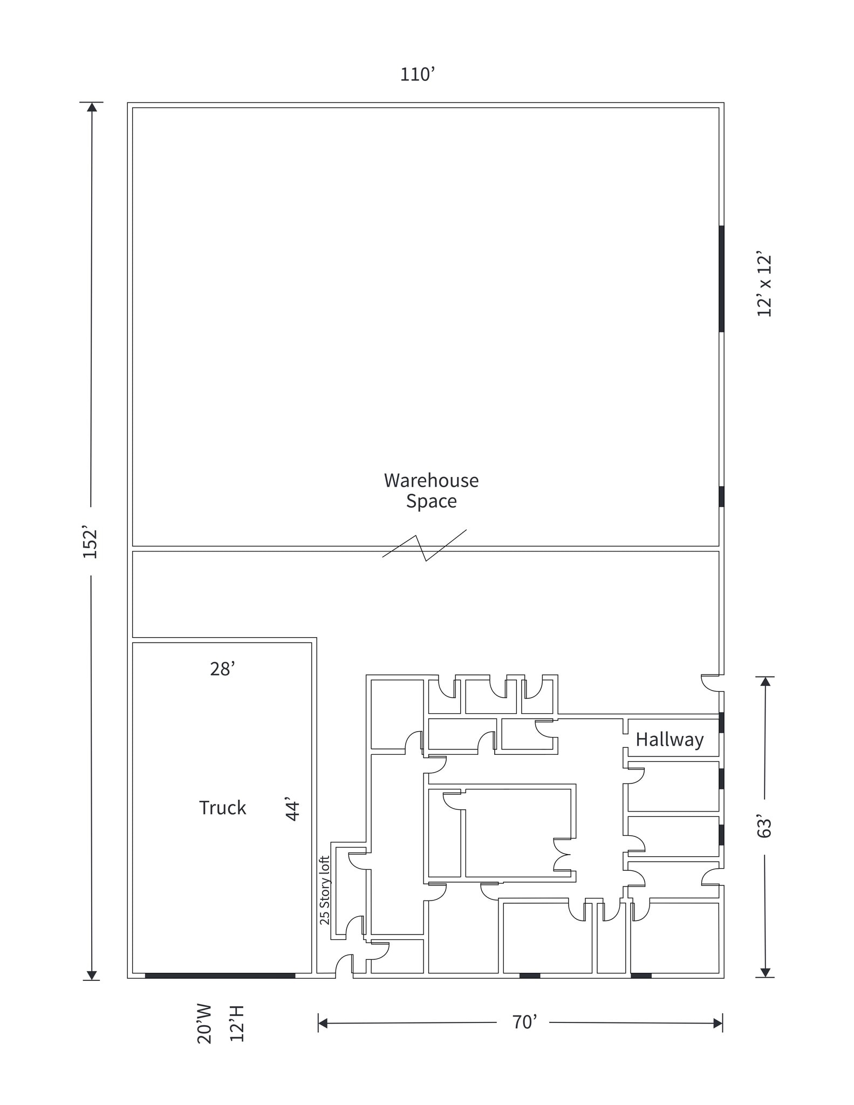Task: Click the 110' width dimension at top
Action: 417,74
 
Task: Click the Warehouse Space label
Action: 431,490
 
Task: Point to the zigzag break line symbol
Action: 425,547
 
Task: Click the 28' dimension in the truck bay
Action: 222,669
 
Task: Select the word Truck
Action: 222,808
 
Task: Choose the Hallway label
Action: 669,739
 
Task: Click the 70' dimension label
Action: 524,1022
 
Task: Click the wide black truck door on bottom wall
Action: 220,976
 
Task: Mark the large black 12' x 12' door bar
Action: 721,278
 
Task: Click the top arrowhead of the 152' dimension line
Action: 92,107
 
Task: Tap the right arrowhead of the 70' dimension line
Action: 718,1022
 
